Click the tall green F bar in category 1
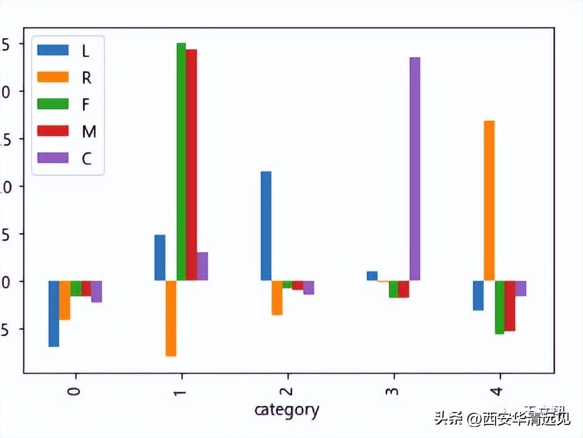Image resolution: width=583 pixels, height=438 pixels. pos(181,161)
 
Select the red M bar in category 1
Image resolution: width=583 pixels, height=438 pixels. pos(192,164)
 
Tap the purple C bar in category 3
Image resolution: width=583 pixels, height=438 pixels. pos(415,169)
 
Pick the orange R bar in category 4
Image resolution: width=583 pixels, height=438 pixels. pos(489,200)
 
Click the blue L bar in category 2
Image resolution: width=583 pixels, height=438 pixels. pos(266,225)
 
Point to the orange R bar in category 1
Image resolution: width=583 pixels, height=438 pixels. pos(171,318)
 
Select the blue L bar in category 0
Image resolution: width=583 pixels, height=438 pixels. pos(54,314)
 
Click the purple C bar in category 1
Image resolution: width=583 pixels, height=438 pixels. pos(202,266)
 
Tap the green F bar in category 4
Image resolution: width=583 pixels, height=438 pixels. pos(500,307)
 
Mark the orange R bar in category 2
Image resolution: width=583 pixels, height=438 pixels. pos(277,298)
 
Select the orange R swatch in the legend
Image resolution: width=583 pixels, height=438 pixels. pos(52,77)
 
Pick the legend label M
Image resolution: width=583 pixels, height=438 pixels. pos(89,132)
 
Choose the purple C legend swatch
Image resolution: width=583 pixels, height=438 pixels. pos(52,159)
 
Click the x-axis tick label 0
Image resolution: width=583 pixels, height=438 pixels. pos(74,391)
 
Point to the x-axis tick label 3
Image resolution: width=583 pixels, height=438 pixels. pos(394,391)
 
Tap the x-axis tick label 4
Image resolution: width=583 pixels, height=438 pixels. pos(500,391)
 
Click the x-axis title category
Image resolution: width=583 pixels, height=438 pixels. pos(287,409)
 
